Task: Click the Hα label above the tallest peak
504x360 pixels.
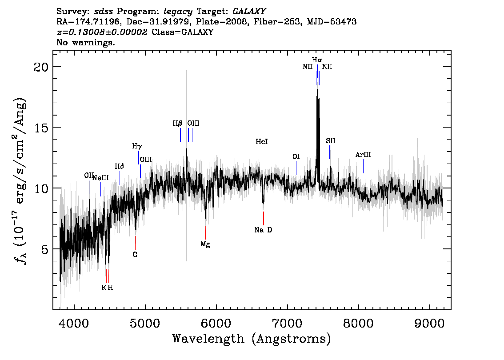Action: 316,60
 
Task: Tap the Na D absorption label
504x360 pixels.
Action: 263,230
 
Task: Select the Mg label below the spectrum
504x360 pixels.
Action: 205,244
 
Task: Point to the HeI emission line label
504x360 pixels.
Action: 262,141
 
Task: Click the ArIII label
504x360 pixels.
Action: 363,155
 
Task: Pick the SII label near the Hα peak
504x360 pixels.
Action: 330,140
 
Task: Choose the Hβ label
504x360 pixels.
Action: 177,124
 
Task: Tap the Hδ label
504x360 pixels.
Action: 119,166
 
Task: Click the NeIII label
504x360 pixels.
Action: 100,178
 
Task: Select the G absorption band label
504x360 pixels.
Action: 135,255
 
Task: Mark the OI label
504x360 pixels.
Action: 296,156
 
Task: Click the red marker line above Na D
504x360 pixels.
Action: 263,218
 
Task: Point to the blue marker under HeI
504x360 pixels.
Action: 262,153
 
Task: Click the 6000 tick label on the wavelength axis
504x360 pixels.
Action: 216,323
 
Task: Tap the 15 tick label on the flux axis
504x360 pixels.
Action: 41,128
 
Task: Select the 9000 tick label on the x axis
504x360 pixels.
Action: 430,323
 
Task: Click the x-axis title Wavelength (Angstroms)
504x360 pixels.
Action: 252,339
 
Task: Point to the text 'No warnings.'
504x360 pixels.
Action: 85,42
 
